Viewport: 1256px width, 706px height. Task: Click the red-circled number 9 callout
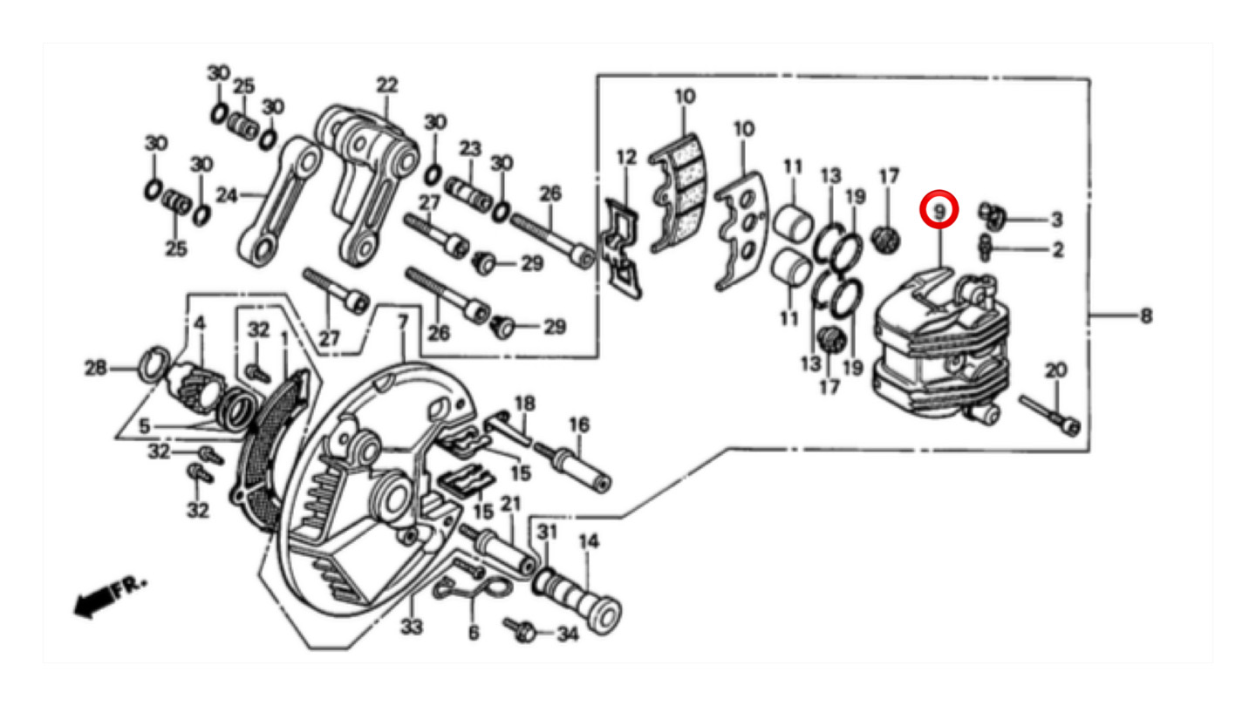point(939,211)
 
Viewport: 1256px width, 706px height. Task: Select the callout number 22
point(386,85)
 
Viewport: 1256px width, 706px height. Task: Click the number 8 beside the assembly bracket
point(1145,316)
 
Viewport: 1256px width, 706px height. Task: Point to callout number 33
point(411,626)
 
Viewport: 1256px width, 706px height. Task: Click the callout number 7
point(402,322)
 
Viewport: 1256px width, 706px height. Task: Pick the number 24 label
point(226,196)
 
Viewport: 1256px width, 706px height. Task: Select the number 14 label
point(589,541)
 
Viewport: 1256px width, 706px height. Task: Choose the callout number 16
point(579,424)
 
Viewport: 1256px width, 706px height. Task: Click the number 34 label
point(567,635)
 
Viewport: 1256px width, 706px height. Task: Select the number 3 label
point(1056,219)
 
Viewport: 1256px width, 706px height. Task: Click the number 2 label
point(1057,250)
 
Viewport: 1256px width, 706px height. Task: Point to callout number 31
point(546,532)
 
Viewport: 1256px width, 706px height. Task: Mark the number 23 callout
point(470,148)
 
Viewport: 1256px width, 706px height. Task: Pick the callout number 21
point(510,503)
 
